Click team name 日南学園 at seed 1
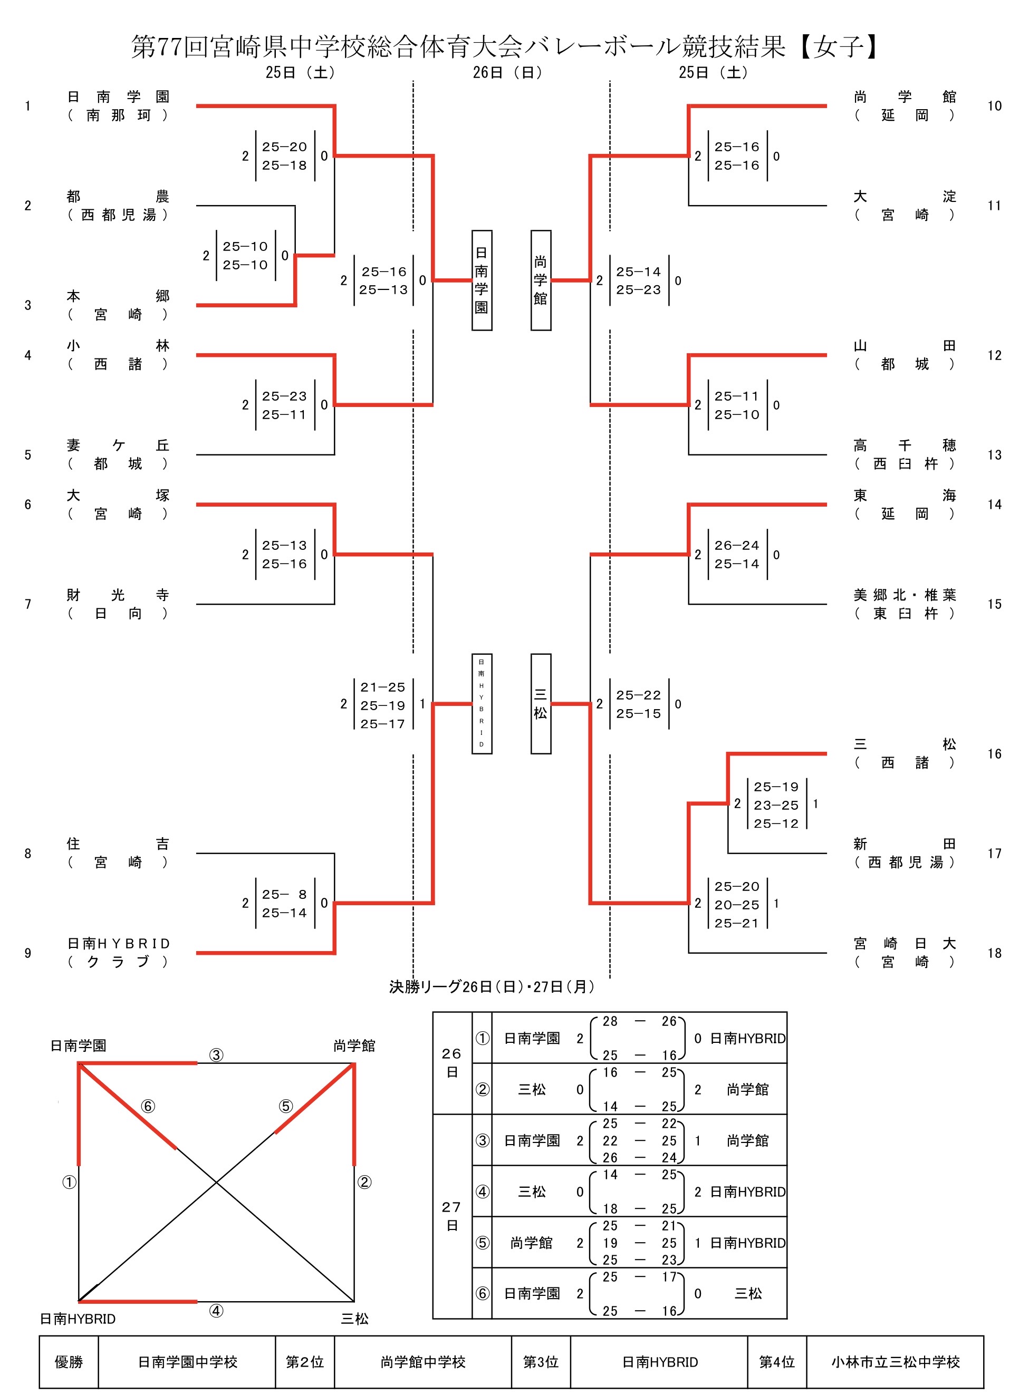click(118, 96)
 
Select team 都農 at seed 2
click(118, 197)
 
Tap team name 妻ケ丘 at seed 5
click(118, 445)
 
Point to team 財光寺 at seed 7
click(118, 595)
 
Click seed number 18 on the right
click(994, 953)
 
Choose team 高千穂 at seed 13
click(905, 445)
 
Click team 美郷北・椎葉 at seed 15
click(905, 595)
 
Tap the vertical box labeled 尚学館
click(541, 280)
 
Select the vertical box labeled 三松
click(541, 704)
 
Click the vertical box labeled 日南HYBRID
click(482, 704)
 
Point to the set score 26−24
click(737, 545)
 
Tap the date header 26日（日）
click(508, 72)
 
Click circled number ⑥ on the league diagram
click(148, 1106)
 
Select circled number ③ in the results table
click(482, 1140)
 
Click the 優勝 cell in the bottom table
click(69, 1362)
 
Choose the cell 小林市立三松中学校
click(895, 1362)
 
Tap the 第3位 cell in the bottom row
click(541, 1362)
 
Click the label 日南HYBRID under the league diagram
click(78, 1319)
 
